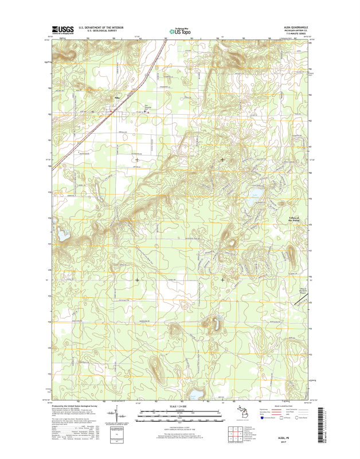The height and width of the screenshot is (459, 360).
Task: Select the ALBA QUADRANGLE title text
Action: tap(294, 26)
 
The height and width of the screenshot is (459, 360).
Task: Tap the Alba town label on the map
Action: tap(118, 98)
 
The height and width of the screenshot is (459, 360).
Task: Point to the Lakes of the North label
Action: tap(294, 219)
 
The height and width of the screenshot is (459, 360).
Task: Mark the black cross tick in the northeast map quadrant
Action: tap(223, 159)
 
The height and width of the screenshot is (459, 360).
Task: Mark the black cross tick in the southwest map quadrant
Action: tap(137, 280)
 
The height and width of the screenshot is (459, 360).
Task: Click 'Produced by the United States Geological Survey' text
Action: tap(74, 405)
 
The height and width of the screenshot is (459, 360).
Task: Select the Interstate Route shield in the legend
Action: tap(261, 418)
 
